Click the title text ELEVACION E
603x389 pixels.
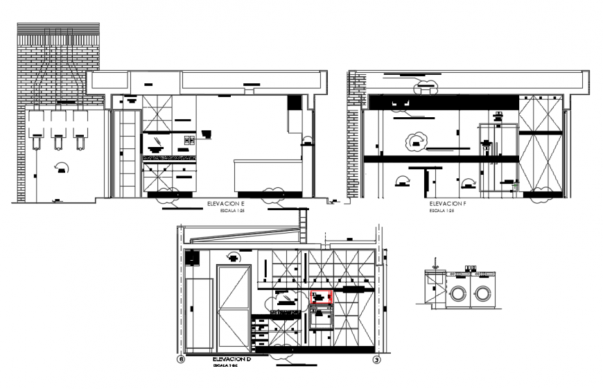pyautogui.click(x=226, y=204)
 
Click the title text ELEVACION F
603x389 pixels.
pyautogui.click(x=446, y=204)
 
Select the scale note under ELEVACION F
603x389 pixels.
pyautogui.click(x=442, y=211)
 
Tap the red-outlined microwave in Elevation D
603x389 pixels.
pyautogui.click(x=322, y=297)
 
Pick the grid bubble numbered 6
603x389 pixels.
pyautogui.click(x=181, y=360)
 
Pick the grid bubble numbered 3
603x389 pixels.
pyautogui.click(x=376, y=360)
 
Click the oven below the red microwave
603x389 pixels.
pyautogui.click(x=322, y=318)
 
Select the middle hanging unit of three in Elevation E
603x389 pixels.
pyautogui.click(x=58, y=128)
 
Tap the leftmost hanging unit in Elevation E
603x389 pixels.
pyautogui.click(x=35, y=128)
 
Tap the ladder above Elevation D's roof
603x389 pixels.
pyautogui.click(x=301, y=227)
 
